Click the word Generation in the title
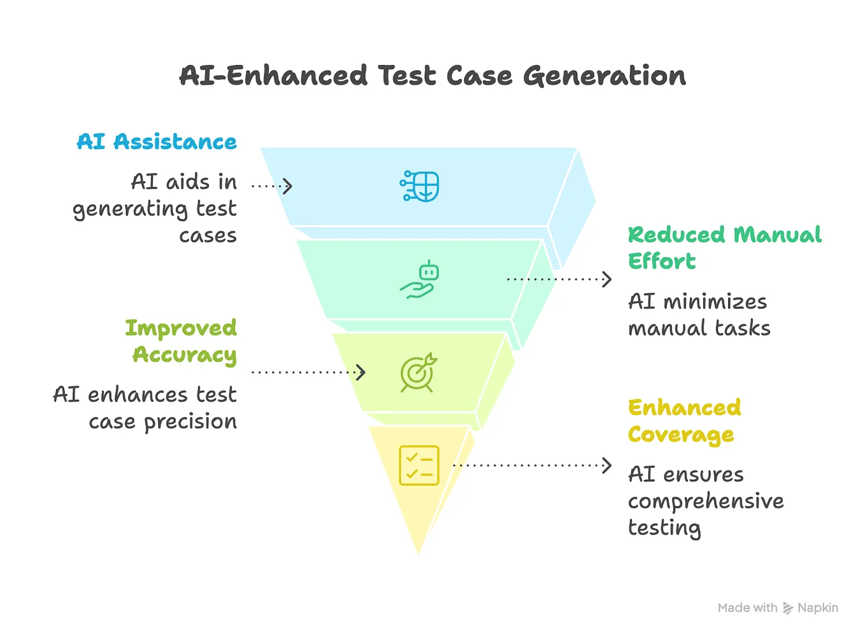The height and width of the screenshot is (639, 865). point(604,76)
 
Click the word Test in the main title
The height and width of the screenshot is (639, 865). point(406,75)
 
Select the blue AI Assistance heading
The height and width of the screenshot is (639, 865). point(157,141)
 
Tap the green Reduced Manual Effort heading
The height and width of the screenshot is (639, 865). point(724,248)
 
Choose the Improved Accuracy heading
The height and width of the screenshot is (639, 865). point(181,342)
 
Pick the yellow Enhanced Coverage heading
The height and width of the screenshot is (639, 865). point(685,421)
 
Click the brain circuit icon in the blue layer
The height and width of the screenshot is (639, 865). point(419,186)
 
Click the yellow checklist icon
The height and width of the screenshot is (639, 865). point(419,466)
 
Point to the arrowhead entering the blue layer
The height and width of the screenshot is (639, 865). point(287,186)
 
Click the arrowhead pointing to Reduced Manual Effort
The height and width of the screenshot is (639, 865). point(606,279)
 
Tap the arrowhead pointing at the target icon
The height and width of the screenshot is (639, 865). point(361,372)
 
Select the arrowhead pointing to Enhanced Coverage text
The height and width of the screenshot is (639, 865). point(606,466)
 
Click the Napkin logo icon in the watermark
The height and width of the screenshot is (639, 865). point(788,608)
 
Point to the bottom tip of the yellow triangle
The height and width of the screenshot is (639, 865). point(418,554)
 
